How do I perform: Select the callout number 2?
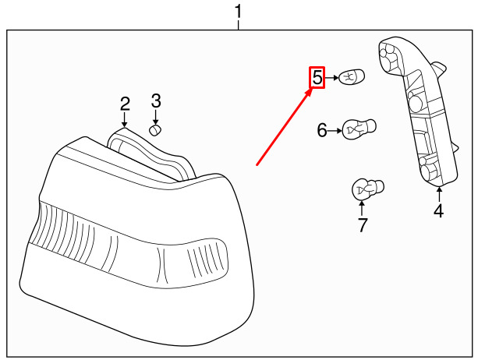click(125, 104)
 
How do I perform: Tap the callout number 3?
click(156, 101)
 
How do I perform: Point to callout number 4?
click(438, 210)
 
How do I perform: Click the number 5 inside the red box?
click(317, 78)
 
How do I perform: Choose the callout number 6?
click(322, 130)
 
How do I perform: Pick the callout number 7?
click(362, 226)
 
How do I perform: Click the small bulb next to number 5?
click(351, 77)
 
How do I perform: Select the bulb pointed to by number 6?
click(359, 128)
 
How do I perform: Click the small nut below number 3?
click(155, 129)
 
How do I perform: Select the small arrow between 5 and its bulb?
click(333, 78)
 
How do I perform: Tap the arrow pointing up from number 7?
click(362, 206)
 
